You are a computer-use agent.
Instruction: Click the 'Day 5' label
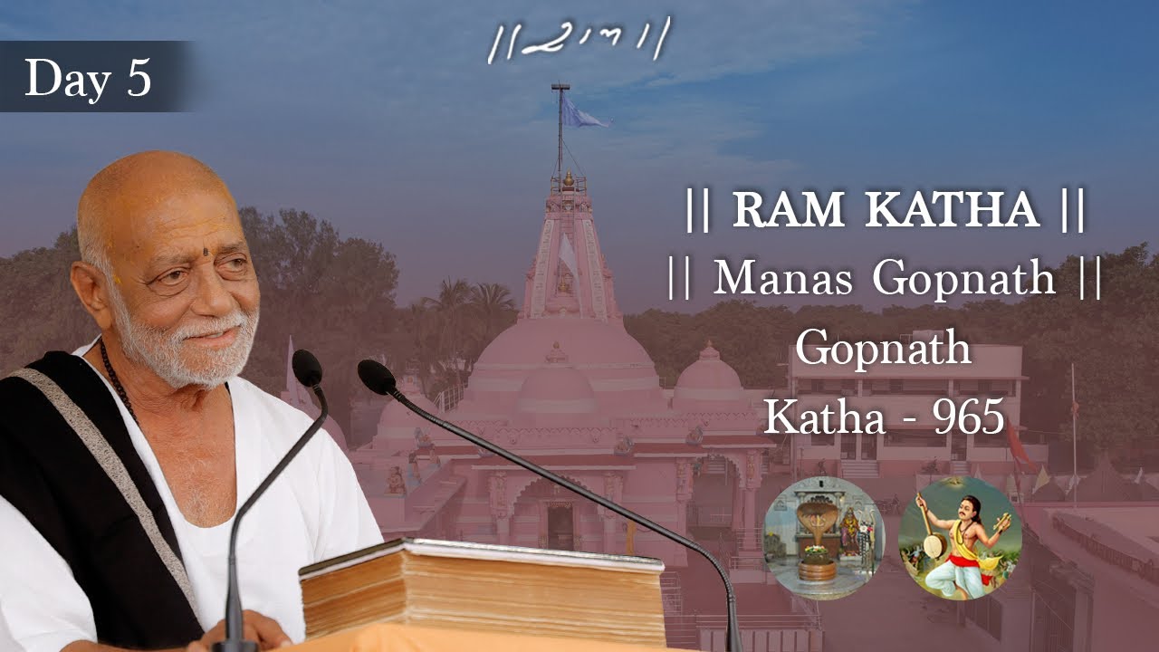[x=88, y=78]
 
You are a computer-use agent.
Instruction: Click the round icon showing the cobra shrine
[x=823, y=539]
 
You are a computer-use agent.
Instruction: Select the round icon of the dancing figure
[x=960, y=539]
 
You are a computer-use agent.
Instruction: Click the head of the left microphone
[x=308, y=368]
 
